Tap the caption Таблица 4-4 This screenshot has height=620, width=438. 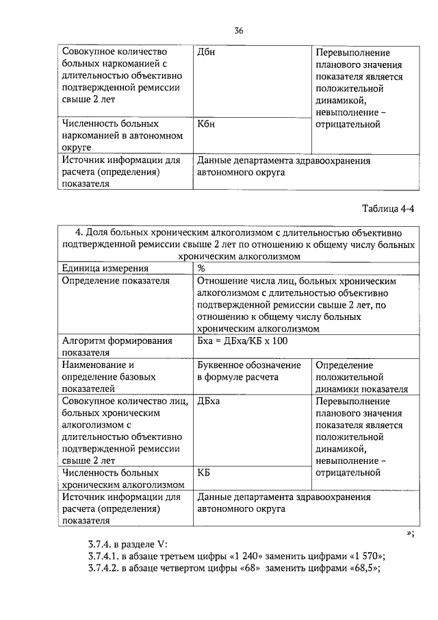[x=387, y=208]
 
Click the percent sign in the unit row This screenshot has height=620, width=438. [x=201, y=269]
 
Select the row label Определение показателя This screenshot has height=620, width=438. [x=116, y=280]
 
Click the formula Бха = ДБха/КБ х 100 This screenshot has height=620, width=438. [x=239, y=341]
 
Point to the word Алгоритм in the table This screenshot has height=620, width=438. [x=85, y=341]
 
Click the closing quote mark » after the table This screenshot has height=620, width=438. [x=410, y=532]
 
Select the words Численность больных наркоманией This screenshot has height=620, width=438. [x=110, y=130]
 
